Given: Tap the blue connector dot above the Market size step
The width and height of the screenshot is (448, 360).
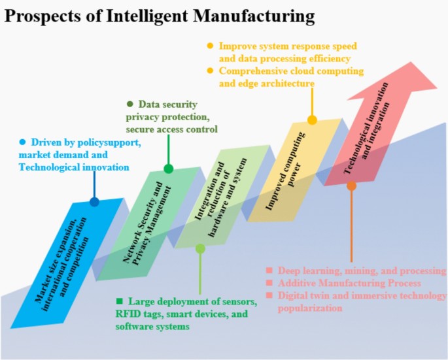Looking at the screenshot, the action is click(x=94, y=202).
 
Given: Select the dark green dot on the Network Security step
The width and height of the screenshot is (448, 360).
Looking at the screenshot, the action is click(x=169, y=169).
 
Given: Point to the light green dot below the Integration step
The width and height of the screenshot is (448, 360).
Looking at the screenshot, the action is click(x=200, y=248).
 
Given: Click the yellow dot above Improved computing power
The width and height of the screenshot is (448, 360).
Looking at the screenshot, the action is click(x=312, y=120).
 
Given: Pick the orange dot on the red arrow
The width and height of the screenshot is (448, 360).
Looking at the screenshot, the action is click(x=351, y=186).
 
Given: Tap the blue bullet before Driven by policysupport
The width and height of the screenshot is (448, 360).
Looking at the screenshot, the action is click(x=22, y=142).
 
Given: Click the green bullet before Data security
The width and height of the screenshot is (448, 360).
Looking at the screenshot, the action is click(x=129, y=104).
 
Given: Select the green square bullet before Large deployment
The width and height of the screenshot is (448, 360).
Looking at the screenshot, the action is click(x=119, y=301).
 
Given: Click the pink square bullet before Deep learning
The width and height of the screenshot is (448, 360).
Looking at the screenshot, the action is click(x=268, y=270).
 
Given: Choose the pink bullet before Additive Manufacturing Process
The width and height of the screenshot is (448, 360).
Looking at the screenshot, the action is click(x=268, y=283).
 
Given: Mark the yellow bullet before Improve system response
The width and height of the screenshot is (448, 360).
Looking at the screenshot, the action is click(x=210, y=46).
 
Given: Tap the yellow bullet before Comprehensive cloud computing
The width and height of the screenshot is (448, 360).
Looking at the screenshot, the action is click(x=210, y=71).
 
